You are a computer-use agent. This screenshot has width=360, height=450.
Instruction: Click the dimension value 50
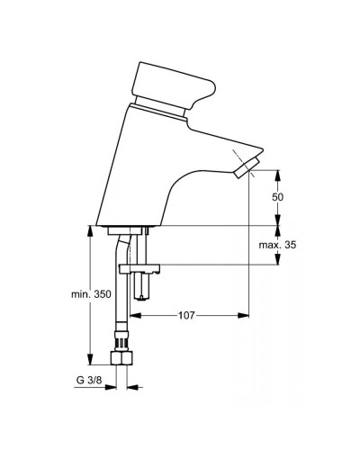(278, 196)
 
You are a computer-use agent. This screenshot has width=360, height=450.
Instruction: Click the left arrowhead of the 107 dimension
(136, 316)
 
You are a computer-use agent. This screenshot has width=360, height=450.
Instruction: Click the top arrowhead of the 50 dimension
(278, 172)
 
